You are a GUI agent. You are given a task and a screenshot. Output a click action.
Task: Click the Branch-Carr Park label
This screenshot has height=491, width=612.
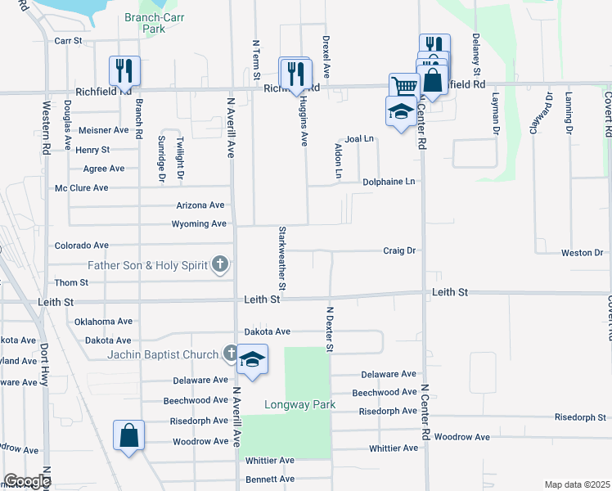point(146,23)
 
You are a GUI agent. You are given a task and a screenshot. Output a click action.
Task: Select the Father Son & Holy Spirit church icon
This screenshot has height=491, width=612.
point(219,264)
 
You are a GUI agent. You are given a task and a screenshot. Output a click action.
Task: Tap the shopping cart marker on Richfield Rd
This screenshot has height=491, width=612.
point(403,86)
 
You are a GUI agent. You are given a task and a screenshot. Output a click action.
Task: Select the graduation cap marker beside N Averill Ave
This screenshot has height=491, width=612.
point(252,360)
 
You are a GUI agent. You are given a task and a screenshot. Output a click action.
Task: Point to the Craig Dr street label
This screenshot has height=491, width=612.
point(400,250)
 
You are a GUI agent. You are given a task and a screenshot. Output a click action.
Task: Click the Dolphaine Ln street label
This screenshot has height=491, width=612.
point(389,181)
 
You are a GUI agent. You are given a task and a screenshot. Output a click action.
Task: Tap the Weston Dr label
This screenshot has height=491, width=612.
point(583,253)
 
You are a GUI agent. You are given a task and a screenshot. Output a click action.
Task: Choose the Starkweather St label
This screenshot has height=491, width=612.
point(282,259)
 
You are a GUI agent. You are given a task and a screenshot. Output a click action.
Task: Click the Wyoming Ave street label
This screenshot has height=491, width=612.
point(199,223)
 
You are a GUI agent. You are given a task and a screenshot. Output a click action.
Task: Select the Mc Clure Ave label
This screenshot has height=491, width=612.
point(82,187)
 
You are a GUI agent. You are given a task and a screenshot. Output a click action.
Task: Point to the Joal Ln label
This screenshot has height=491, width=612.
point(359,139)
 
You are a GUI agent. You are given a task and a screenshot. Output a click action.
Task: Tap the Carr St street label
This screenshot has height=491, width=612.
point(69,40)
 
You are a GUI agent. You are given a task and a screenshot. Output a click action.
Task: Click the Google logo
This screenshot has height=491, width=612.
point(27,481)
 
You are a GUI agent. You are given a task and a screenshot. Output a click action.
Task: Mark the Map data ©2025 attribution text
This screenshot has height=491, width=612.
point(577,484)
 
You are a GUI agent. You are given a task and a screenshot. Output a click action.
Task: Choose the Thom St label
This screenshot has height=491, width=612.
point(71,282)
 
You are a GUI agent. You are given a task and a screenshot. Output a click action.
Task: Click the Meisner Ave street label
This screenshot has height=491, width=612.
point(104,129)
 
